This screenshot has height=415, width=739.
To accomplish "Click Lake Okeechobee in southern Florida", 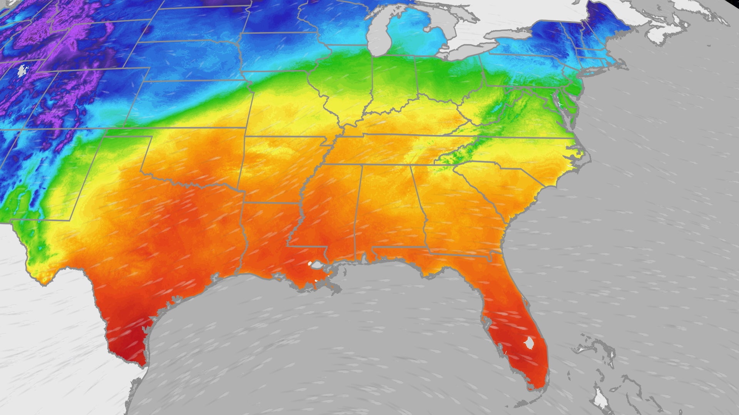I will coord(530,342).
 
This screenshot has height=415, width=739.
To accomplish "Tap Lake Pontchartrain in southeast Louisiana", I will coord(317,265).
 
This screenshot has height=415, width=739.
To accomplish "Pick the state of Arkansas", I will coord(277,169).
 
